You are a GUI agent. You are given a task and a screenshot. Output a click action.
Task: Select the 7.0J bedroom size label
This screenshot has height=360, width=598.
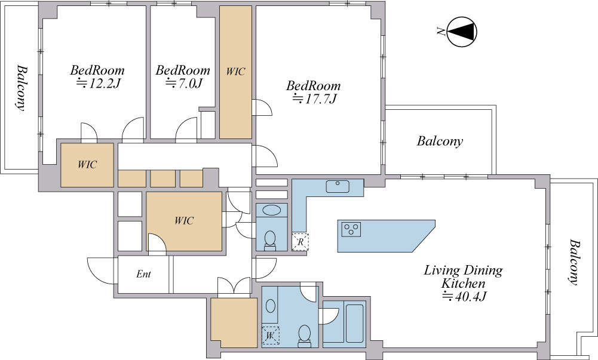[183, 83]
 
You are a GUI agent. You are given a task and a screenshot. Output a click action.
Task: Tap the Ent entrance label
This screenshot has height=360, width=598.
[143, 274]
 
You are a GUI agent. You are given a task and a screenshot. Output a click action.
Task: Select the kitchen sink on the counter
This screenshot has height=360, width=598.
[338, 186]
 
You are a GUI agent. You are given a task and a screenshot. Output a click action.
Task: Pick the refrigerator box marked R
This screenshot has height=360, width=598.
[300, 242]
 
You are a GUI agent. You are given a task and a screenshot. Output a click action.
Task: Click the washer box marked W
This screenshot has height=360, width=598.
[271, 336]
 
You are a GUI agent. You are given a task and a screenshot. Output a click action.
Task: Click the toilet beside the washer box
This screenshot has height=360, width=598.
[304, 336]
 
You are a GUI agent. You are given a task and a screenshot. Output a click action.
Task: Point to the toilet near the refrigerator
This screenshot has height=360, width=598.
[271, 241]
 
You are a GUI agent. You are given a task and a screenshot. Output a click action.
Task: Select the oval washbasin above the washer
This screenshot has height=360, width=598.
[271, 306]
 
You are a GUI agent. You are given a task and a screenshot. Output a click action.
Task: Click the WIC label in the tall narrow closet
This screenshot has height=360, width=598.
[235, 72]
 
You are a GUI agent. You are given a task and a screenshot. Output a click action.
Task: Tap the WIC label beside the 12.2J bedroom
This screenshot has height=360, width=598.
[87, 165]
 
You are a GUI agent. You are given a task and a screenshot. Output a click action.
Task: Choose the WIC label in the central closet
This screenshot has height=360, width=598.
[184, 220]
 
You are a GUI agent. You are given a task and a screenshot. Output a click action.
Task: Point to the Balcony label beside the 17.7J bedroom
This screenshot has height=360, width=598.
[440, 141]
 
